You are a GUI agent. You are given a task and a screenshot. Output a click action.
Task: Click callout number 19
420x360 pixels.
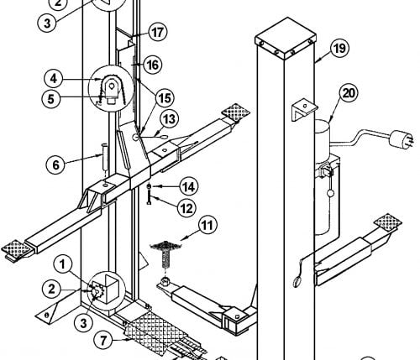(339, 49)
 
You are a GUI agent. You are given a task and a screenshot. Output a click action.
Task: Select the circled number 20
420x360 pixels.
(349, 93)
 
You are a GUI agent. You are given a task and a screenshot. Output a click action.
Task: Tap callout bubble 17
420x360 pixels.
(158, 32)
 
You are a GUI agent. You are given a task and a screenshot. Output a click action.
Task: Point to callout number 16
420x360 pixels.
(153, 65)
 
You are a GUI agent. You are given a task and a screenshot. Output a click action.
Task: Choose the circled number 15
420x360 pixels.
(165, 98)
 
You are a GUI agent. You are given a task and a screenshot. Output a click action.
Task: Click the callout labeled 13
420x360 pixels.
(170, 119)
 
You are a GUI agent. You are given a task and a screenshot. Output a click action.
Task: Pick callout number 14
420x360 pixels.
(189, 186)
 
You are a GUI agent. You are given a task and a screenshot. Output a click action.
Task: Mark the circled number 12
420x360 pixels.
(186, 208)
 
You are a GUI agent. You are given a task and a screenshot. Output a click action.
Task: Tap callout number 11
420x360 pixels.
(207, 225)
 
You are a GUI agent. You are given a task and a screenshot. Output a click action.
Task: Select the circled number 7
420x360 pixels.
(103, 341)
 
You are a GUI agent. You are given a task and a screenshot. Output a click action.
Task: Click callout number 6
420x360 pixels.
(55, 164)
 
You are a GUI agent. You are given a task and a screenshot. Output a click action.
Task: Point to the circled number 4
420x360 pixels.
(54, 79)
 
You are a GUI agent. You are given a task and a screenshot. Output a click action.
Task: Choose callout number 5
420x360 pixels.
(51, 98)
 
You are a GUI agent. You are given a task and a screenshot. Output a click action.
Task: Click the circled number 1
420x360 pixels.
(62, 264)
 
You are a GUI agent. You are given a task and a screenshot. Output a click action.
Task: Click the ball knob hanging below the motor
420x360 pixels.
(330, 193)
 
